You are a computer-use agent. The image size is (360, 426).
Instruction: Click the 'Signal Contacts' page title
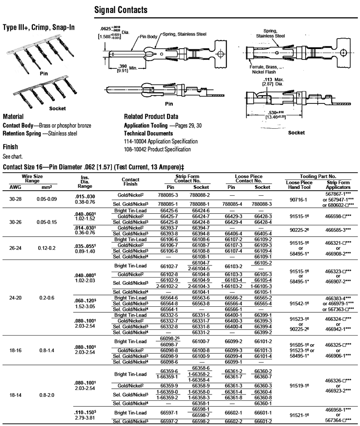coord(121,10)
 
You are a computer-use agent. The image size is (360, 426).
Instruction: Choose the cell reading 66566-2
coord(234,297)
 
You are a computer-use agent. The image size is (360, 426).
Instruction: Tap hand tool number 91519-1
coord(298,386)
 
